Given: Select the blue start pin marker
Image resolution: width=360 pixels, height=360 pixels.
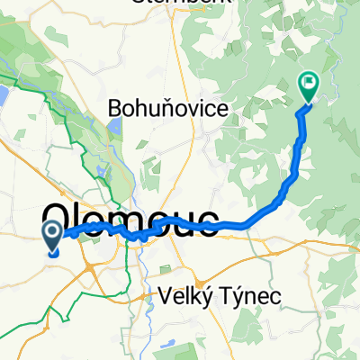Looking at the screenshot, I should pyautogui.click(x=53, y=237).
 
